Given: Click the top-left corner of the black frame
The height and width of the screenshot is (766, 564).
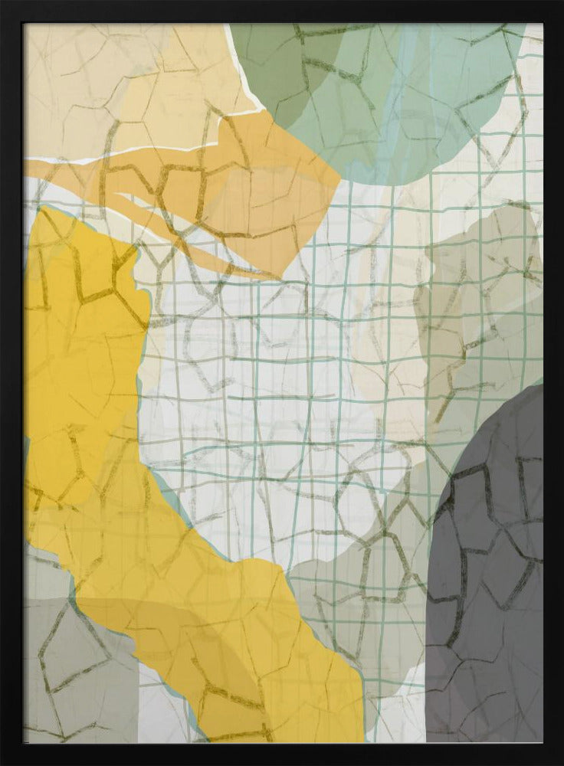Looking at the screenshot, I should click(x=3, y=3).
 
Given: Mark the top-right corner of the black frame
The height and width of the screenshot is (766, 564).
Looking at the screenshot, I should click(x=560, y=3).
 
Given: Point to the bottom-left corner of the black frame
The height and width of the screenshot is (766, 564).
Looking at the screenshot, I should click(x=3, y=762).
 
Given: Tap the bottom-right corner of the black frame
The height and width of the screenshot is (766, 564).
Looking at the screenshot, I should click(x=560, y=762).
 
